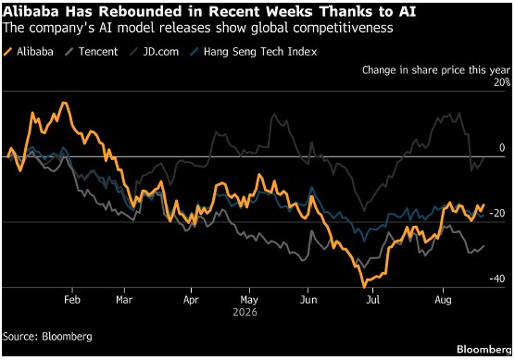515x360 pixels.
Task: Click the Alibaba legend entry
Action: (x=28, y=52)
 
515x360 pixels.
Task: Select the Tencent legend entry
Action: (x=92, y=52)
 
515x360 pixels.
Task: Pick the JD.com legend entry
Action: (x=155, y=52)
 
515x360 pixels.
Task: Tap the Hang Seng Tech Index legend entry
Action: (x=254, y=52)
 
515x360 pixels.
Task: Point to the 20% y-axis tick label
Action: (x=502, y=82)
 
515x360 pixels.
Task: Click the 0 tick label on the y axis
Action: (x=502, y=148)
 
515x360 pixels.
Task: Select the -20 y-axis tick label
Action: (x=497, y=213)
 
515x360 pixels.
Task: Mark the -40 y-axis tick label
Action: (x=497, y=279)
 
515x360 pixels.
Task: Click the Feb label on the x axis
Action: (x=72, y=300)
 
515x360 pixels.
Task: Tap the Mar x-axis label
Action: (x=124, y=300)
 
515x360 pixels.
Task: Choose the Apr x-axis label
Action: (x=191, y=300)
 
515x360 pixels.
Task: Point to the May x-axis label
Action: (x=249, y=300)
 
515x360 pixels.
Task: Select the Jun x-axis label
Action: (x=308, y=300)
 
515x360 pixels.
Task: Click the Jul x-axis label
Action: (x=372, y=300)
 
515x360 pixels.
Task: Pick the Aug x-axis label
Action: (x=443, y=300)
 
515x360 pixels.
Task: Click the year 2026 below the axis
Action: (x=245, y=312)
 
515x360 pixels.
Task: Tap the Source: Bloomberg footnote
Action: (x=47, y=337)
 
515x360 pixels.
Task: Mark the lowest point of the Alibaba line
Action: (x=364, y=288)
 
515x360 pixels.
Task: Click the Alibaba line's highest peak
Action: (x=65, y=103)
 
